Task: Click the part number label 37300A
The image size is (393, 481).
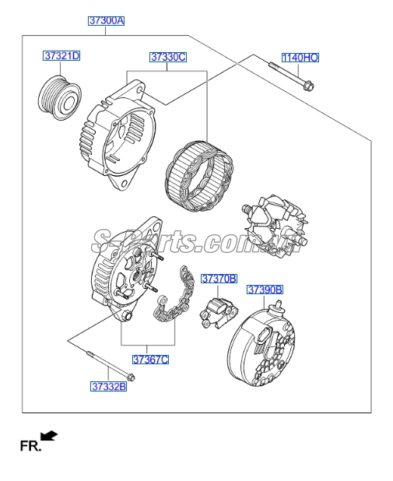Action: (105, 21)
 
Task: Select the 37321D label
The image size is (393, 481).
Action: (61, 56)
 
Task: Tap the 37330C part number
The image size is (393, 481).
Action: (168, 58)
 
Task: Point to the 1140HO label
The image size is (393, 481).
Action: (300, 58)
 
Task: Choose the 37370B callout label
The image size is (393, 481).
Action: (219, 279)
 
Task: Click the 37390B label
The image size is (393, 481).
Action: (265, 290)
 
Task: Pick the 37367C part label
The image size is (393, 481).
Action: (150, 359)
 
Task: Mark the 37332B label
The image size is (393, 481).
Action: (107, 385)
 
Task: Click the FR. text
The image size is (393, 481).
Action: (29, 447)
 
